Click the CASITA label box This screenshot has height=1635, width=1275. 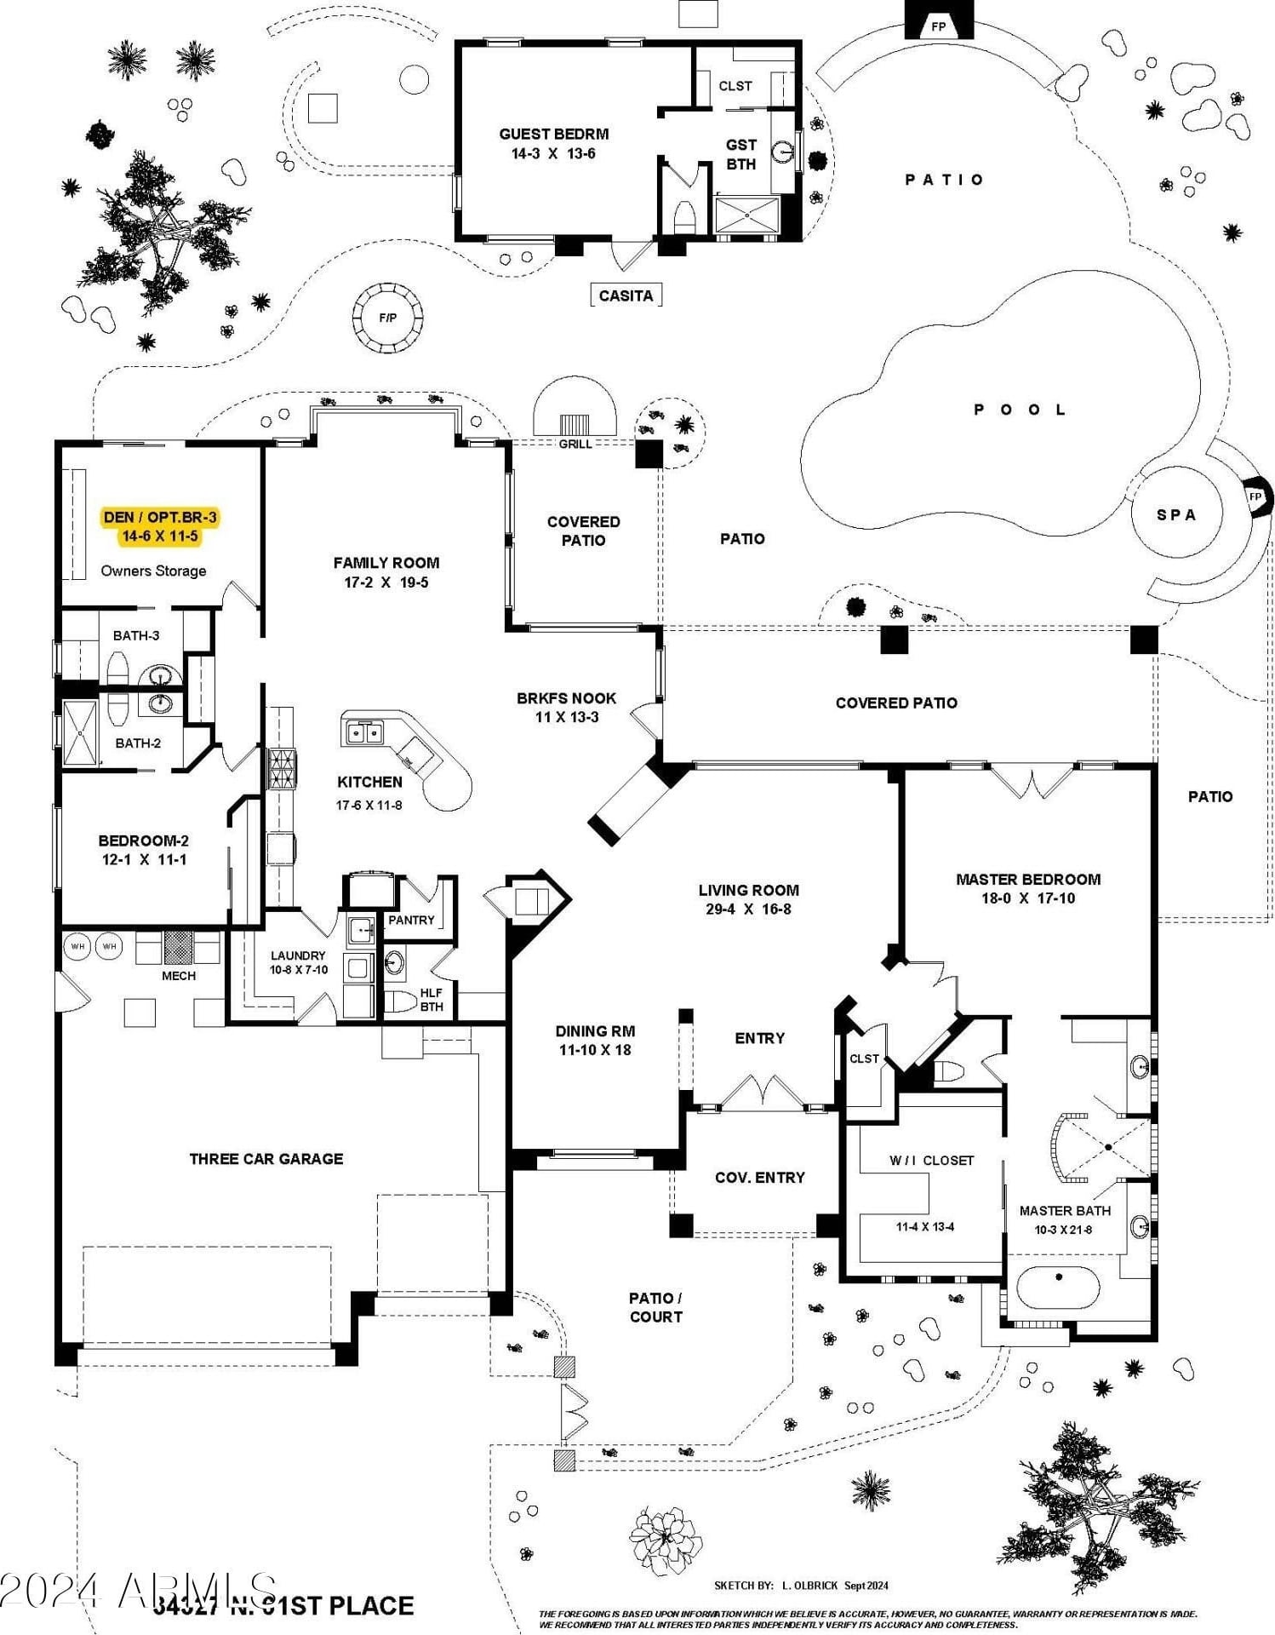[x=626, y=295]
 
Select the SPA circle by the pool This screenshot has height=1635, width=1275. [x=1176, y=514]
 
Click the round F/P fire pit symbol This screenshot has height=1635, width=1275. [x=387, y=318]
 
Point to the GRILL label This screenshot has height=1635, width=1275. [x=575, y=444]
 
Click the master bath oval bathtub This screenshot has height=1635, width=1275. [x=1059, y=1288]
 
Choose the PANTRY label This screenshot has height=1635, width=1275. [x=411, y=920]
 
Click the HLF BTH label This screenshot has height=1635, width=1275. [x=432, y=1000]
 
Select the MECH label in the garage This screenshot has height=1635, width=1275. [x=179, y=976]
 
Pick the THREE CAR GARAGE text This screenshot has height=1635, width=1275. [x=266, y=1159]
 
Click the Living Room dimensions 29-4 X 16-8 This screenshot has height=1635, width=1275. [x=748, y=909]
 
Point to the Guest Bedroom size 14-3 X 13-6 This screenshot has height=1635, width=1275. [x=553, y=154]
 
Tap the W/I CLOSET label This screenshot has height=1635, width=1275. [x=931, y=1160]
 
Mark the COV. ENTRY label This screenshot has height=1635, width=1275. [x=759, y=1178]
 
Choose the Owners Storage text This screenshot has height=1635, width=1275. [x=153, y=571]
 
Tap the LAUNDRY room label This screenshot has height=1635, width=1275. [x=298, y=955]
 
